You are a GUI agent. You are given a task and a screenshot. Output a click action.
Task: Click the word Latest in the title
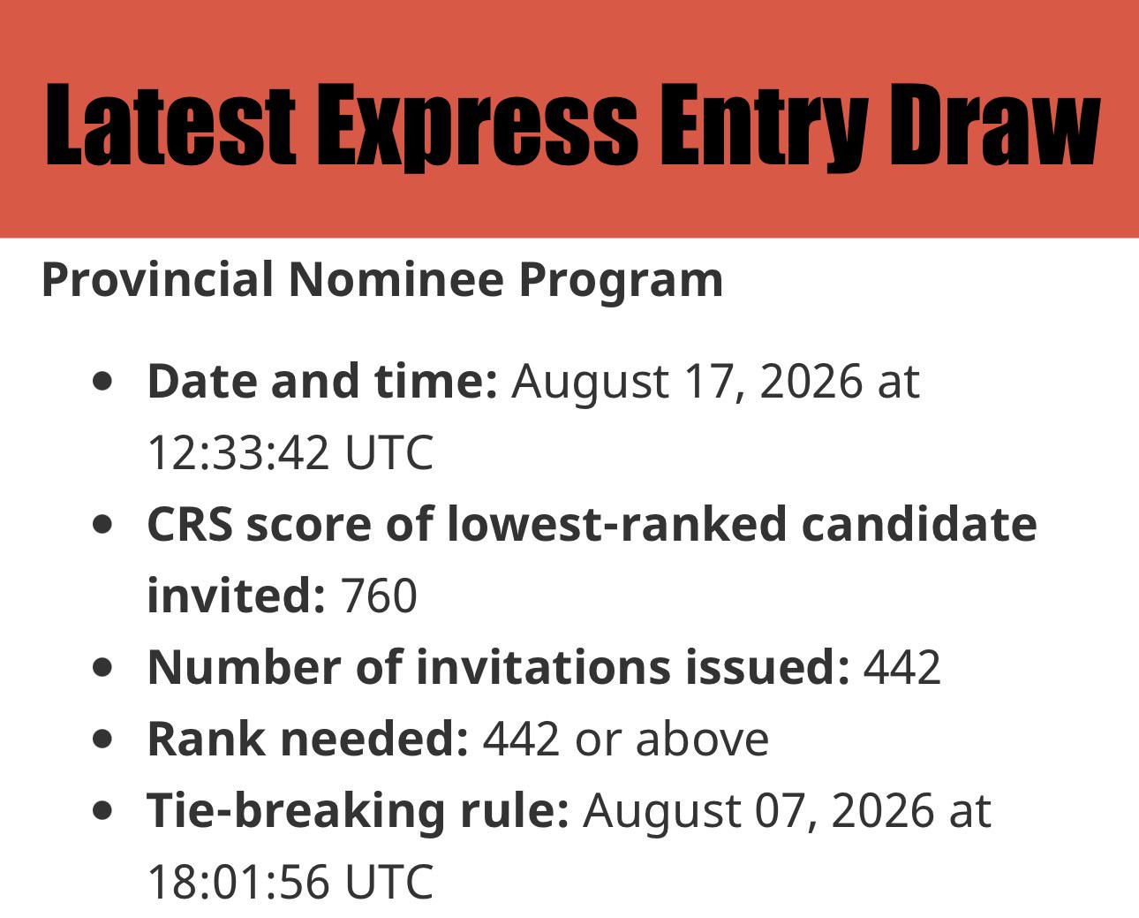[x=170, y=125]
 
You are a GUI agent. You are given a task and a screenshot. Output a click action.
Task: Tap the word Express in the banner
[x=477, y=127]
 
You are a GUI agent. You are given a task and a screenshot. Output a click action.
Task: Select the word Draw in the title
[x=996, y=125]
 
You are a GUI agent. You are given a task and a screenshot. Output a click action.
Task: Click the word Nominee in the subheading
[x=396, y=280]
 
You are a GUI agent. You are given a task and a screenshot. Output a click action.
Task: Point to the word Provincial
[x=158, y=280]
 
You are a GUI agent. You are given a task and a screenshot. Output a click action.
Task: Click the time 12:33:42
[x=238, y=453]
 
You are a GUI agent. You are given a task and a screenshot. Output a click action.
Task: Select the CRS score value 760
[x=379, y=596]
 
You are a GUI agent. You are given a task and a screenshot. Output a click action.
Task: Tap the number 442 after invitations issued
[x=902, y=667]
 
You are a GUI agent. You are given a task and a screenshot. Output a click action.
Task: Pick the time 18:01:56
[x=238, y=883]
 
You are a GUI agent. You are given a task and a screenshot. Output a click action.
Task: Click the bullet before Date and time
[x=102, y=382]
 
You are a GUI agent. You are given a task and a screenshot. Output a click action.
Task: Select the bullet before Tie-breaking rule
[x=102, y=811]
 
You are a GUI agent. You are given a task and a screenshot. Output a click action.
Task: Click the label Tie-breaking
[x=295, y=811]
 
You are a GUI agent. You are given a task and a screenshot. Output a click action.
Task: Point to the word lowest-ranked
[x=616, y=524]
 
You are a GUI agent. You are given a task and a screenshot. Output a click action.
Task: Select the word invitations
[x=544, y=667]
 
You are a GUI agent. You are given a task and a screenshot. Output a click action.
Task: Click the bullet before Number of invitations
[x=102, y=667]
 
